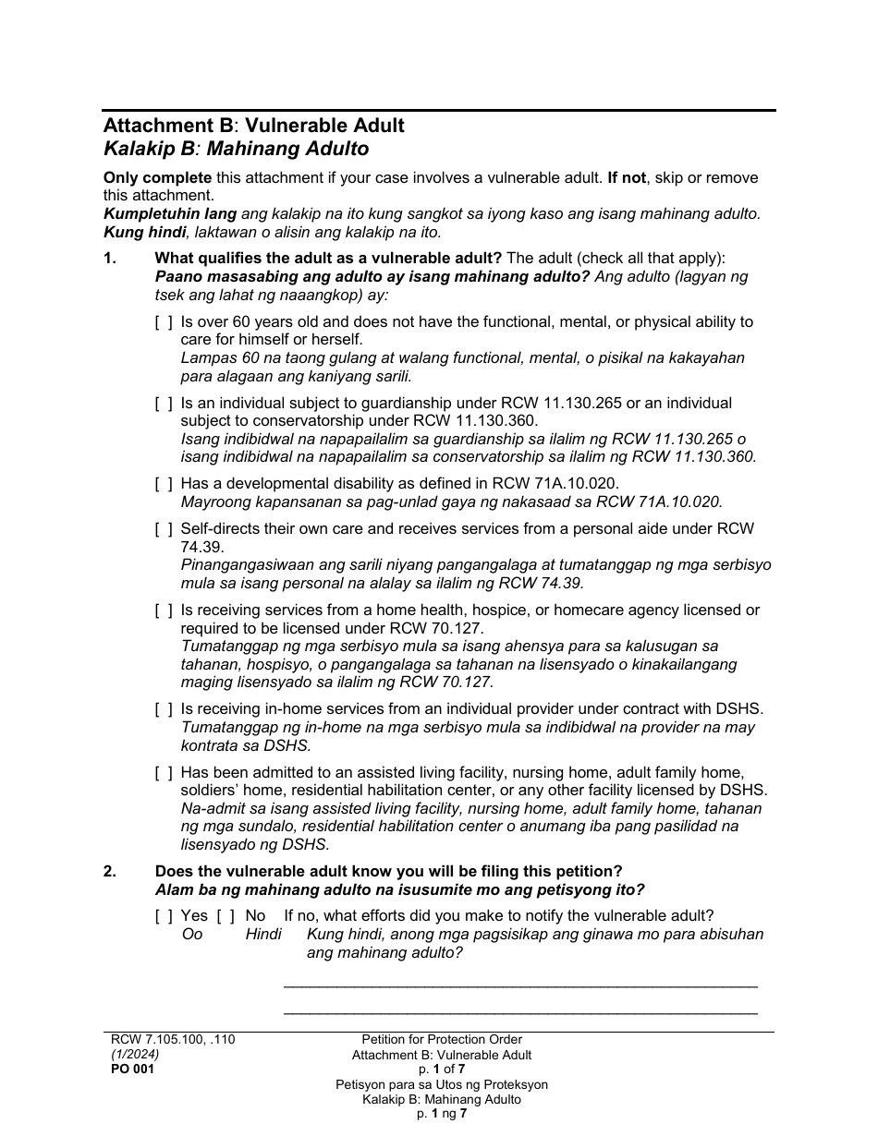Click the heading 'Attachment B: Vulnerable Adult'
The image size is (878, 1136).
(253, 126)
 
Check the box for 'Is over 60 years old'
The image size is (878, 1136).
(164, 322)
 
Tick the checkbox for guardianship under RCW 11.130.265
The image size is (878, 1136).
(164, 404)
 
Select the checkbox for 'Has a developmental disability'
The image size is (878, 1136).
(164, 484)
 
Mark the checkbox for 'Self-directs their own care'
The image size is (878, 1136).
(164, 529)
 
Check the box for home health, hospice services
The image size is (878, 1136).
(164, 610)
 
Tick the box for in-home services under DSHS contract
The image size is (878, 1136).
(164, 709)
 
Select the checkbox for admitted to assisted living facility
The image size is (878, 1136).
(164, 773)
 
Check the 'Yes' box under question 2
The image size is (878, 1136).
(164, 916)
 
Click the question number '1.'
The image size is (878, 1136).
(110, 259)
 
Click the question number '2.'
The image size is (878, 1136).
(110, 872)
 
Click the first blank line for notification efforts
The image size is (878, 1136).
(519, 985)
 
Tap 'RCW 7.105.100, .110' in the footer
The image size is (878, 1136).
(173, 1039)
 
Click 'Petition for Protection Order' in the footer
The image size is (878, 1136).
(442, 1039)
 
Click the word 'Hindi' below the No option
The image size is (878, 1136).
(263, 935)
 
